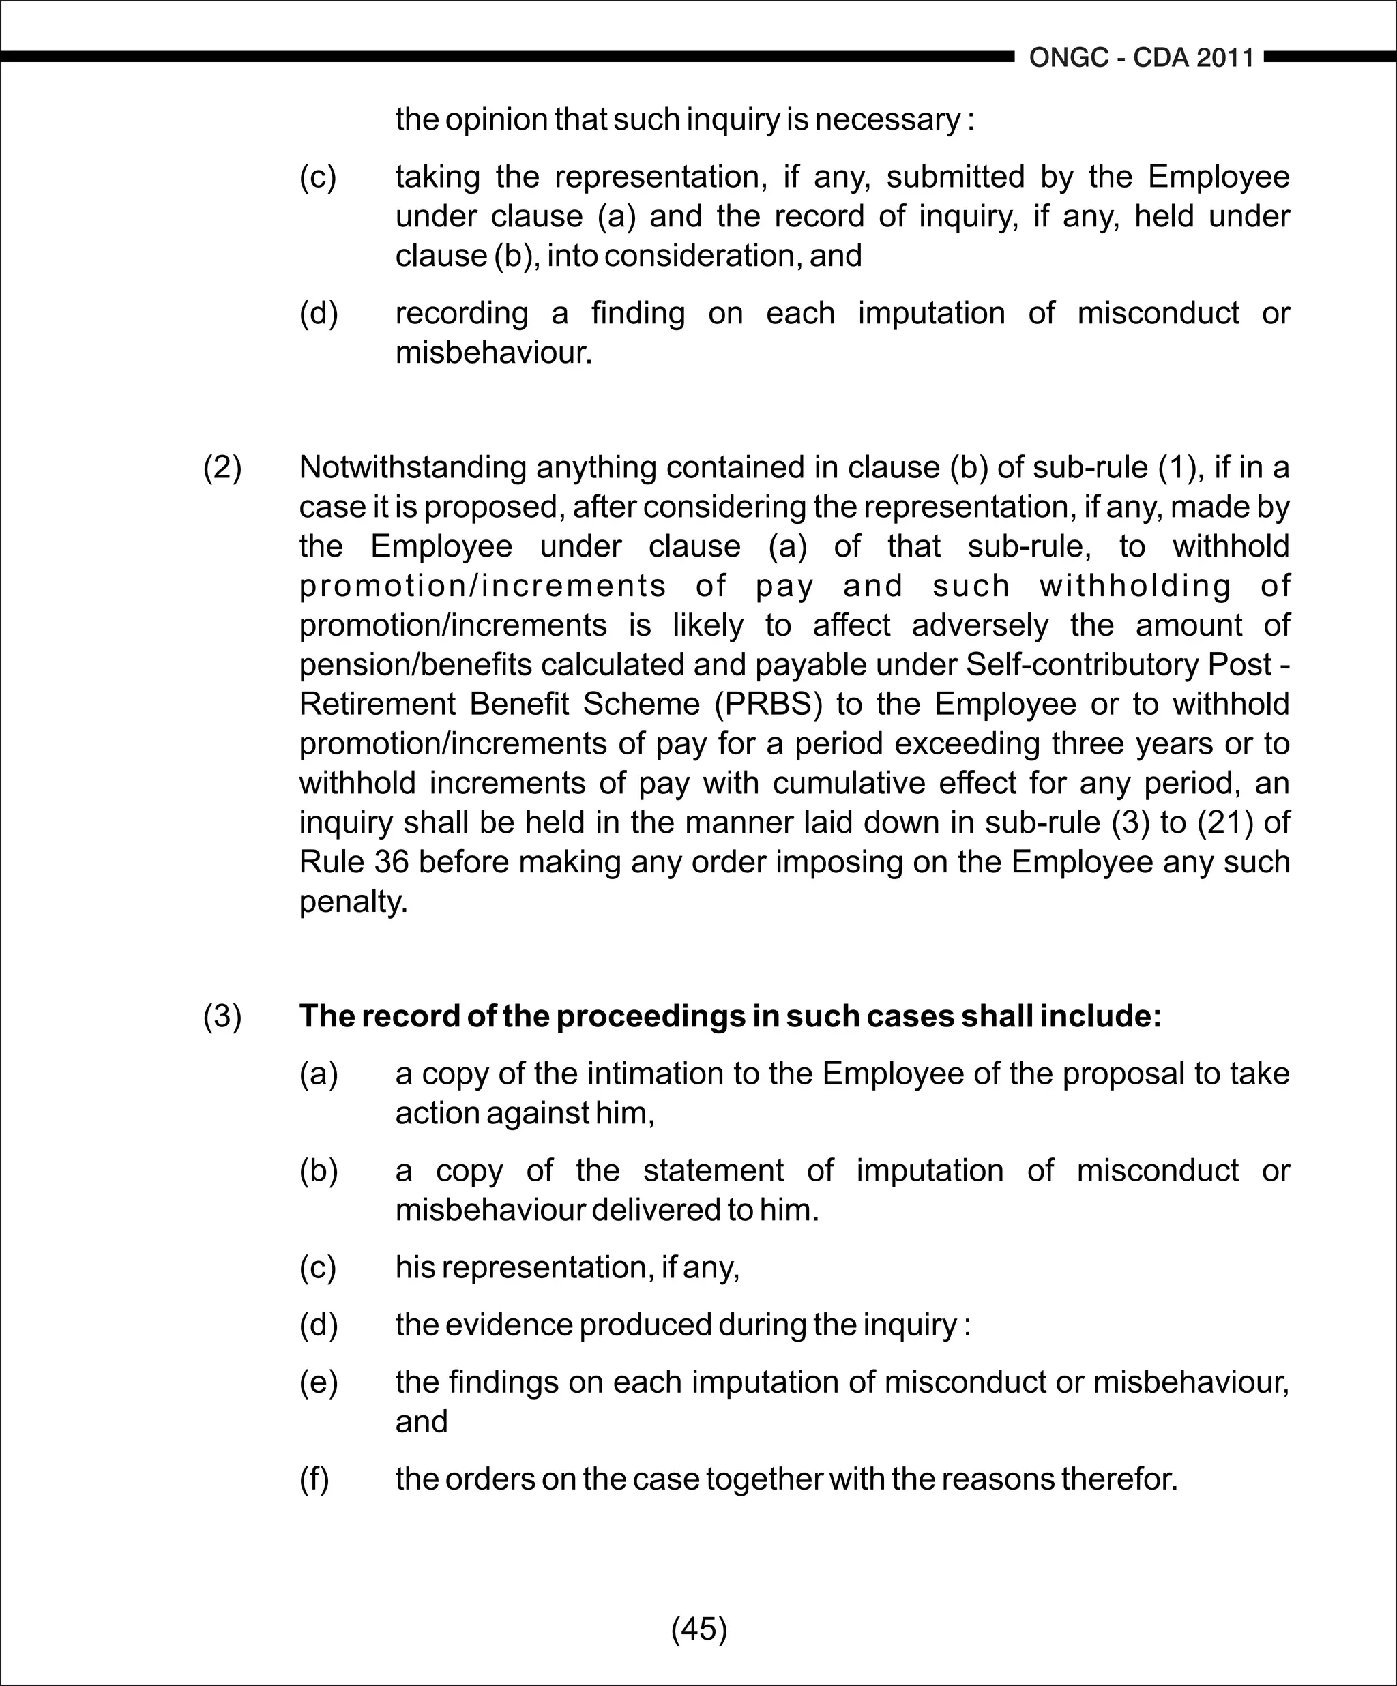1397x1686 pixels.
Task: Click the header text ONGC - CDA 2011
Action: [x=1141, y=58]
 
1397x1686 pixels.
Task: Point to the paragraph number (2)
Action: [x=222, y=467]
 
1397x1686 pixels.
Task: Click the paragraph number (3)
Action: [x=222, y=1016]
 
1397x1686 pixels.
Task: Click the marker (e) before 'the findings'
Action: [x=318, y=1382]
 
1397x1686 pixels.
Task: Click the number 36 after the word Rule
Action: [x=392, y=862]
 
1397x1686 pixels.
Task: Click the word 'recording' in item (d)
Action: [x=461, y=313]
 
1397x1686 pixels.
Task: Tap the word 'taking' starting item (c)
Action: [x=437, y=177]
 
